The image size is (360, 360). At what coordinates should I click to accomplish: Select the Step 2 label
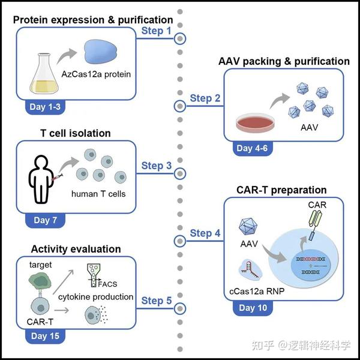click(205, 98)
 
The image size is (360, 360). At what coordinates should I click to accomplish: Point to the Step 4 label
click(205, 233)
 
